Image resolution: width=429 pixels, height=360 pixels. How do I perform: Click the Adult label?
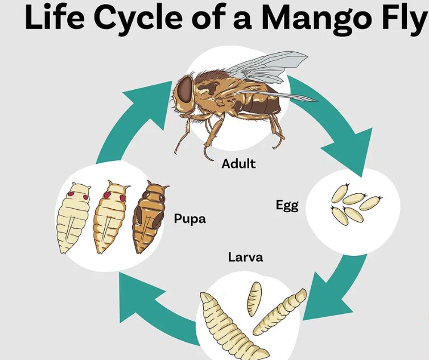coord(238,164)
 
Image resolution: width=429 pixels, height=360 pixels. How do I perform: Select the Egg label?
coord(287,206)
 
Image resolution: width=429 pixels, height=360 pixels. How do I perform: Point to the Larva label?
coord(246,258)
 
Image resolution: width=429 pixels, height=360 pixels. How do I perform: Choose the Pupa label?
coord(190,219)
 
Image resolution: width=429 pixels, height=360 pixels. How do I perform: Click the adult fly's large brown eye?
coord(185,89)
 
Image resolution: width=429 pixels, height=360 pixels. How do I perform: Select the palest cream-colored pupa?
coord(73,218)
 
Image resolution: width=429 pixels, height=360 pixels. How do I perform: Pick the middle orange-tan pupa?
coord(111,217)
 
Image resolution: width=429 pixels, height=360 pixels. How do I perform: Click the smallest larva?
coord(254,299)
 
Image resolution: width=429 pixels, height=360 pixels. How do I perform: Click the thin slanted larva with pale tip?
coord(279,312)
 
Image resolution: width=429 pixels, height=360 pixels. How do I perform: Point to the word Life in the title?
coord(55,16)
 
